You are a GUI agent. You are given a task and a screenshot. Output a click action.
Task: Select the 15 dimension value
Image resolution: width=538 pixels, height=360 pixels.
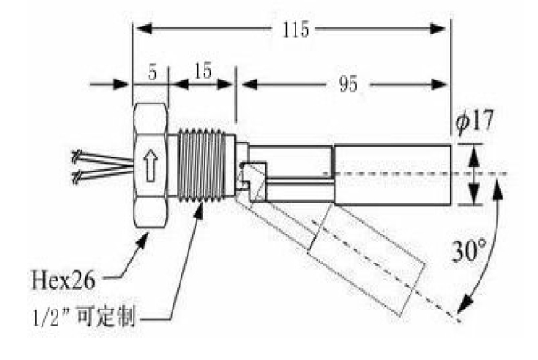[x=203, y=73]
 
